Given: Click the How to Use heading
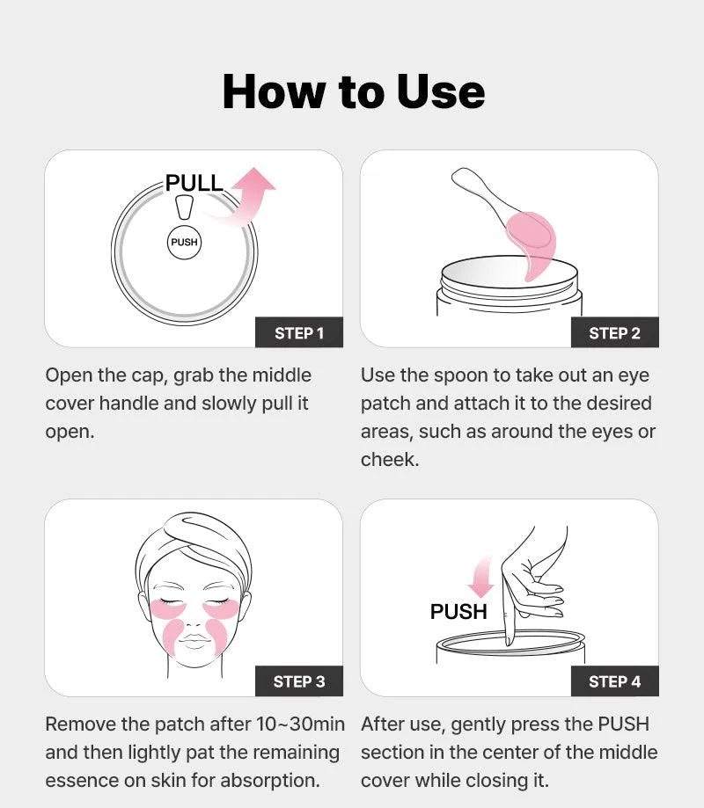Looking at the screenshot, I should point(353,91).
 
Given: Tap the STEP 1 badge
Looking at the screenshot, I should point(299,332).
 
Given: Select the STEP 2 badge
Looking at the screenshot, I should point(614,332).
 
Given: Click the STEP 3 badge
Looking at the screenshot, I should point(299,681).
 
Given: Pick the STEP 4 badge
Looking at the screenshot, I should point(614,681).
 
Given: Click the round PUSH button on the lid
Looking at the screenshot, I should point(184,242).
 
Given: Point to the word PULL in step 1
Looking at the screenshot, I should point(194,184).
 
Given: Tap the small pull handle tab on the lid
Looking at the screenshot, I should point(184,207).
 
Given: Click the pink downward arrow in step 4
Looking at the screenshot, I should point(480,578).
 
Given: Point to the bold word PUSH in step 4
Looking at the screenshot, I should point(458,611).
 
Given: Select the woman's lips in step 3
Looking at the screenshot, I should point(194,644).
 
